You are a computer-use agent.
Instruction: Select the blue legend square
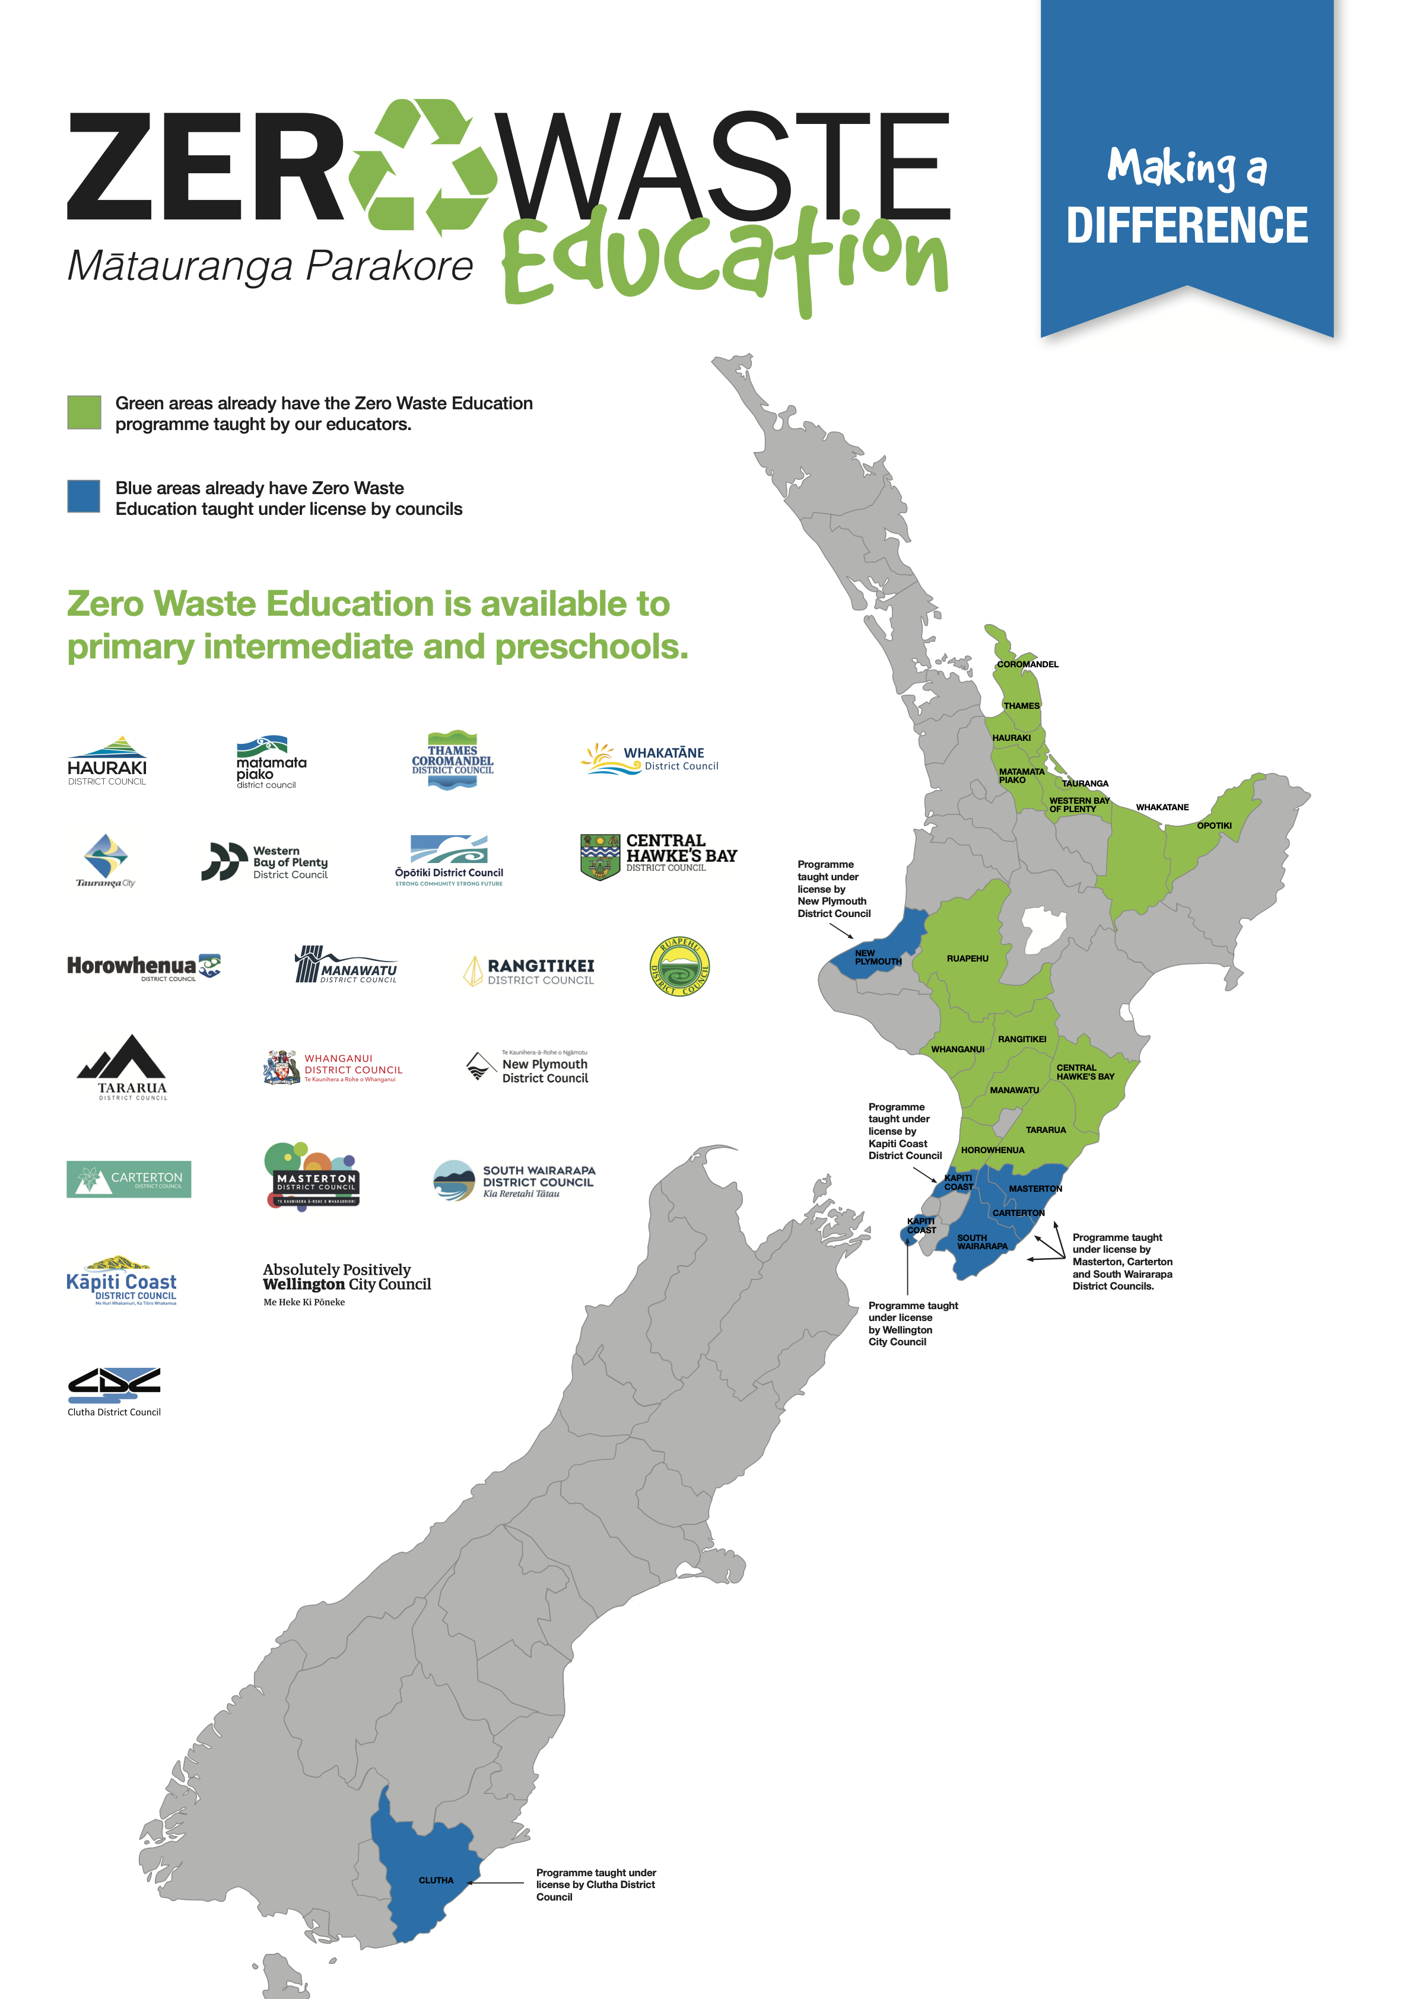[x=84, y=496]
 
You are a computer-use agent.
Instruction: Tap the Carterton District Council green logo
[x=129, y=1179]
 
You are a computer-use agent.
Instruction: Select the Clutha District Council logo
[x=114, y=1390]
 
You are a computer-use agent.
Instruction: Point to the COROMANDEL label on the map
[x=1027, y=664]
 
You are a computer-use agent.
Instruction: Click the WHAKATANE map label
[x=1161, y=807]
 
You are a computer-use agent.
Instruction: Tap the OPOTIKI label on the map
[x=1214, y=825]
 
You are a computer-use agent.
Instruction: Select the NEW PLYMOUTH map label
[x=877, y=958]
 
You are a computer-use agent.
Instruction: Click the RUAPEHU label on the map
[x=967, y=959]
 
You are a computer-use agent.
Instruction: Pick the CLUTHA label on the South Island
[x=436, y=1880]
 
